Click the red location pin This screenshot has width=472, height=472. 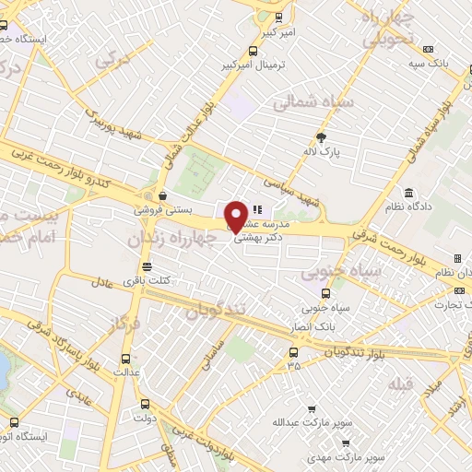tap(237, 216)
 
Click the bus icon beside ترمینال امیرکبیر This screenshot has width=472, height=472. tap(254, 52)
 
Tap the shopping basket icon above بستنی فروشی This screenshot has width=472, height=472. tap(162, 195)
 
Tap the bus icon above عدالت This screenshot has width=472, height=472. tap(126, 359)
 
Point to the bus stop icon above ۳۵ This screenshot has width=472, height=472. tap(293, 351)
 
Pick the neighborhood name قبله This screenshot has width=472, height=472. tap(400, 382)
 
